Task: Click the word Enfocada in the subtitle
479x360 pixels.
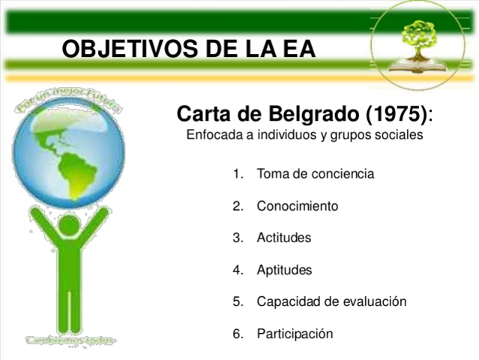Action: tap(211, 136)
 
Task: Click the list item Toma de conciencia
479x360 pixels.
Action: tap(315, 174)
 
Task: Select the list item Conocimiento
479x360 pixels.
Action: tap(297, 205)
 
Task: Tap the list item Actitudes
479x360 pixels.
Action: tap(283, 238)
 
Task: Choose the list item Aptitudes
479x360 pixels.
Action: tap(284, 270)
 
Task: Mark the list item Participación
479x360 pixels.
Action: tap(295, 334)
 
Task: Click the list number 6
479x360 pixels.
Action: tap(238, 334)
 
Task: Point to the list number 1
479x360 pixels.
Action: tap(238, 174)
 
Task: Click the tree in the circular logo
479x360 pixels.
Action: tap(418, 35)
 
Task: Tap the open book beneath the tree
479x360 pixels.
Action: tap(419, 66)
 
